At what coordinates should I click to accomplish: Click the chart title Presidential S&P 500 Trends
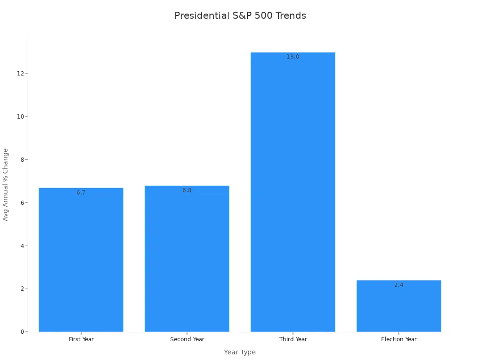click(240, 15)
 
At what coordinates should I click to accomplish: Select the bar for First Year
click(81, 262)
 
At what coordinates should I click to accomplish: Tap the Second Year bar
click(187, 262)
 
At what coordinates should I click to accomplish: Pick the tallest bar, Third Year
click(293, 197)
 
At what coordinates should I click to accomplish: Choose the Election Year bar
click(399, 309)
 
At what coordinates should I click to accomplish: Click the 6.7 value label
click(81, 193)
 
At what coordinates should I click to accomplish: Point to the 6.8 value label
click(187, 190)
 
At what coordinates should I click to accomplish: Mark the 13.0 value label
click(293, 57)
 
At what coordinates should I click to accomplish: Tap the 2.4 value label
click(399, 285)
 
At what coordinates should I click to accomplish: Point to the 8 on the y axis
click(22, 160)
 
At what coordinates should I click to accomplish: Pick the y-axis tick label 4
click(22, 246)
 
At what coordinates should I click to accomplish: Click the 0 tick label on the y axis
click(22, 332)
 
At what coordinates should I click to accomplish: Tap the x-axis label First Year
click(81, 339)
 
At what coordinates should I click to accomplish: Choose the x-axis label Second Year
click(187, 339)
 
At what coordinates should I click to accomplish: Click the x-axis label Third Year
click(293, 339)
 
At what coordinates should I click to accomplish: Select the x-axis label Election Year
click(399, 339)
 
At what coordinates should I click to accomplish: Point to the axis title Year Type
click(240, 352)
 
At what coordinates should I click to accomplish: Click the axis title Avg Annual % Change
click(6, 185)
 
